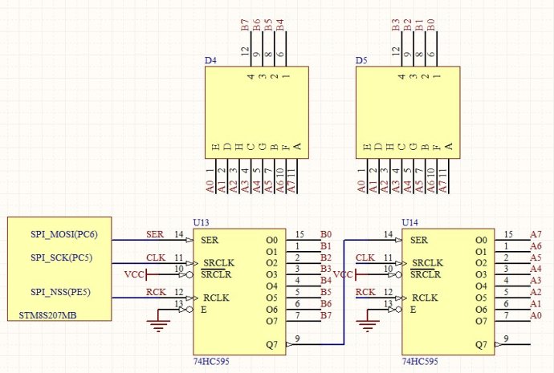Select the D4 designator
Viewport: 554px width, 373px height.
210,60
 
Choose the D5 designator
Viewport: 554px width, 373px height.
361,60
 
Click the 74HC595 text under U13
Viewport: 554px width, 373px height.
210,361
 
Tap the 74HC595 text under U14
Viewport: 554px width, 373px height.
419,361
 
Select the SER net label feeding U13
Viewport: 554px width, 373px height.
154,234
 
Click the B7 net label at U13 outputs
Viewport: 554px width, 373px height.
326,314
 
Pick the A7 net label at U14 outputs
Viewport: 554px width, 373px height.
536,234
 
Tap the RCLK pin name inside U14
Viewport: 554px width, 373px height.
426,298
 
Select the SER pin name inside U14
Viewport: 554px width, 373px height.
418,240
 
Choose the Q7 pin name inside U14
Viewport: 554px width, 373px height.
481,345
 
